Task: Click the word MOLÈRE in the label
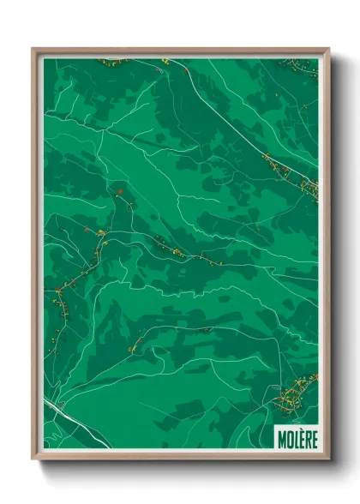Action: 297,438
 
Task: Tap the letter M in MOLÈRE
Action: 281,438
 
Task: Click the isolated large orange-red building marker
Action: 122,190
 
